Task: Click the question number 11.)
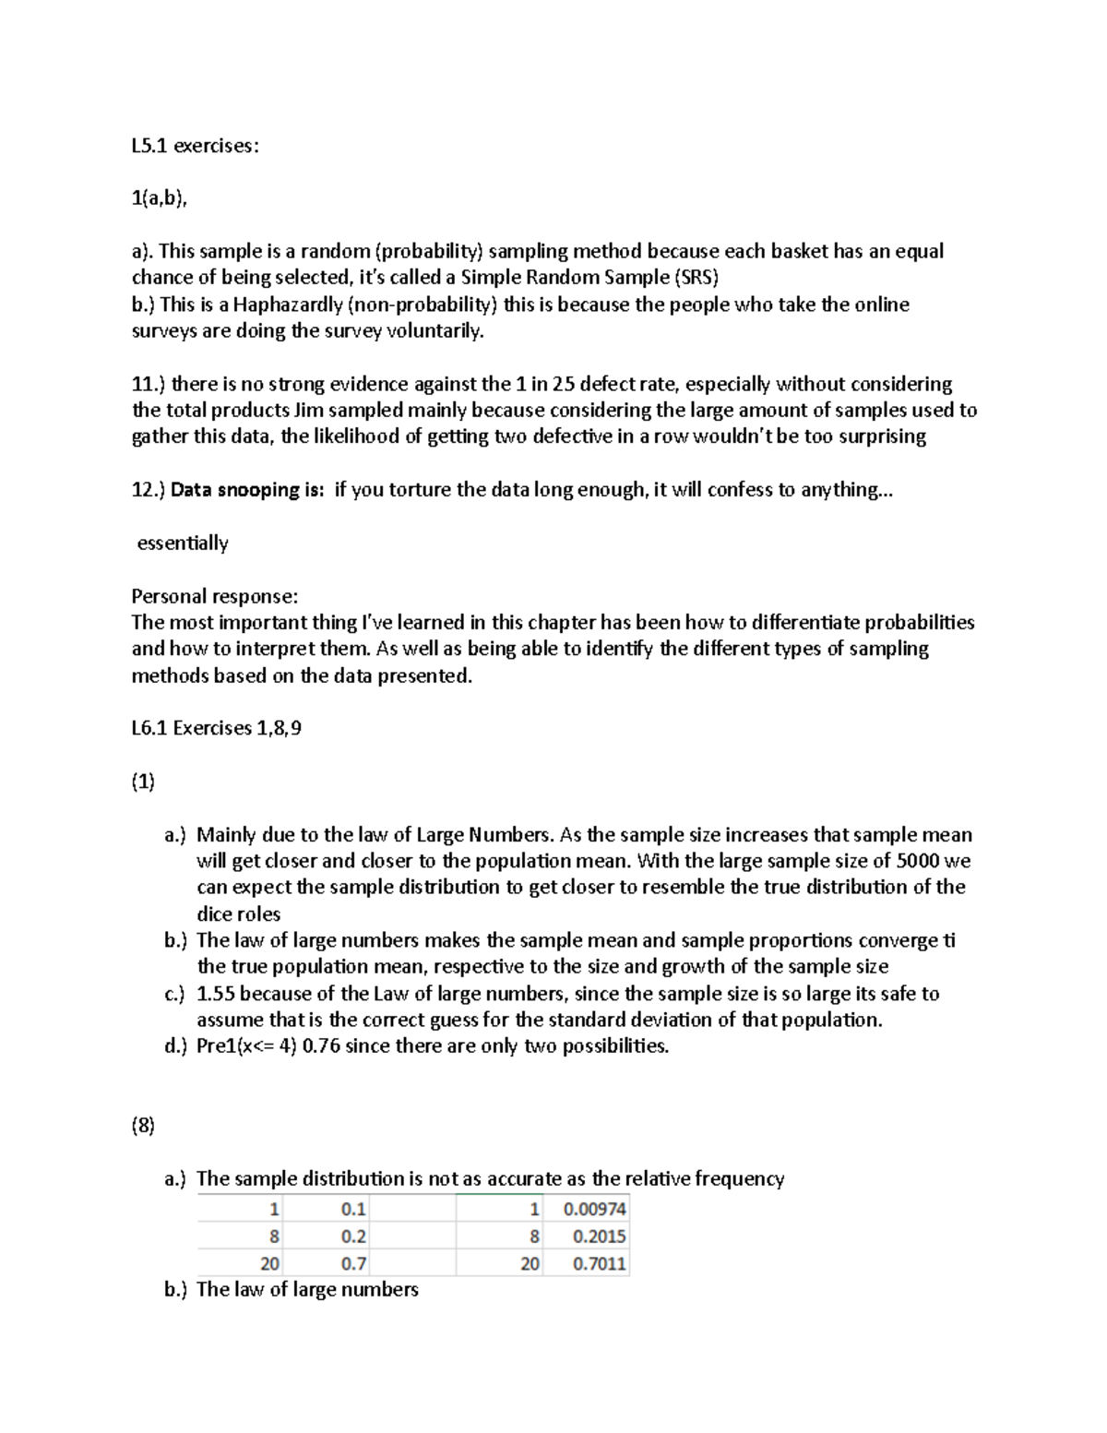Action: (149, 384)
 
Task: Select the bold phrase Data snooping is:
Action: (247, 490)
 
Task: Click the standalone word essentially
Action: (183, 543)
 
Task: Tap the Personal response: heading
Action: (214, 596)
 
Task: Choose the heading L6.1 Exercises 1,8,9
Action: (217, 728)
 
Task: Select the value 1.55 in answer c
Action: (216, 994)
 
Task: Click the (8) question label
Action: (143, 1126)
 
